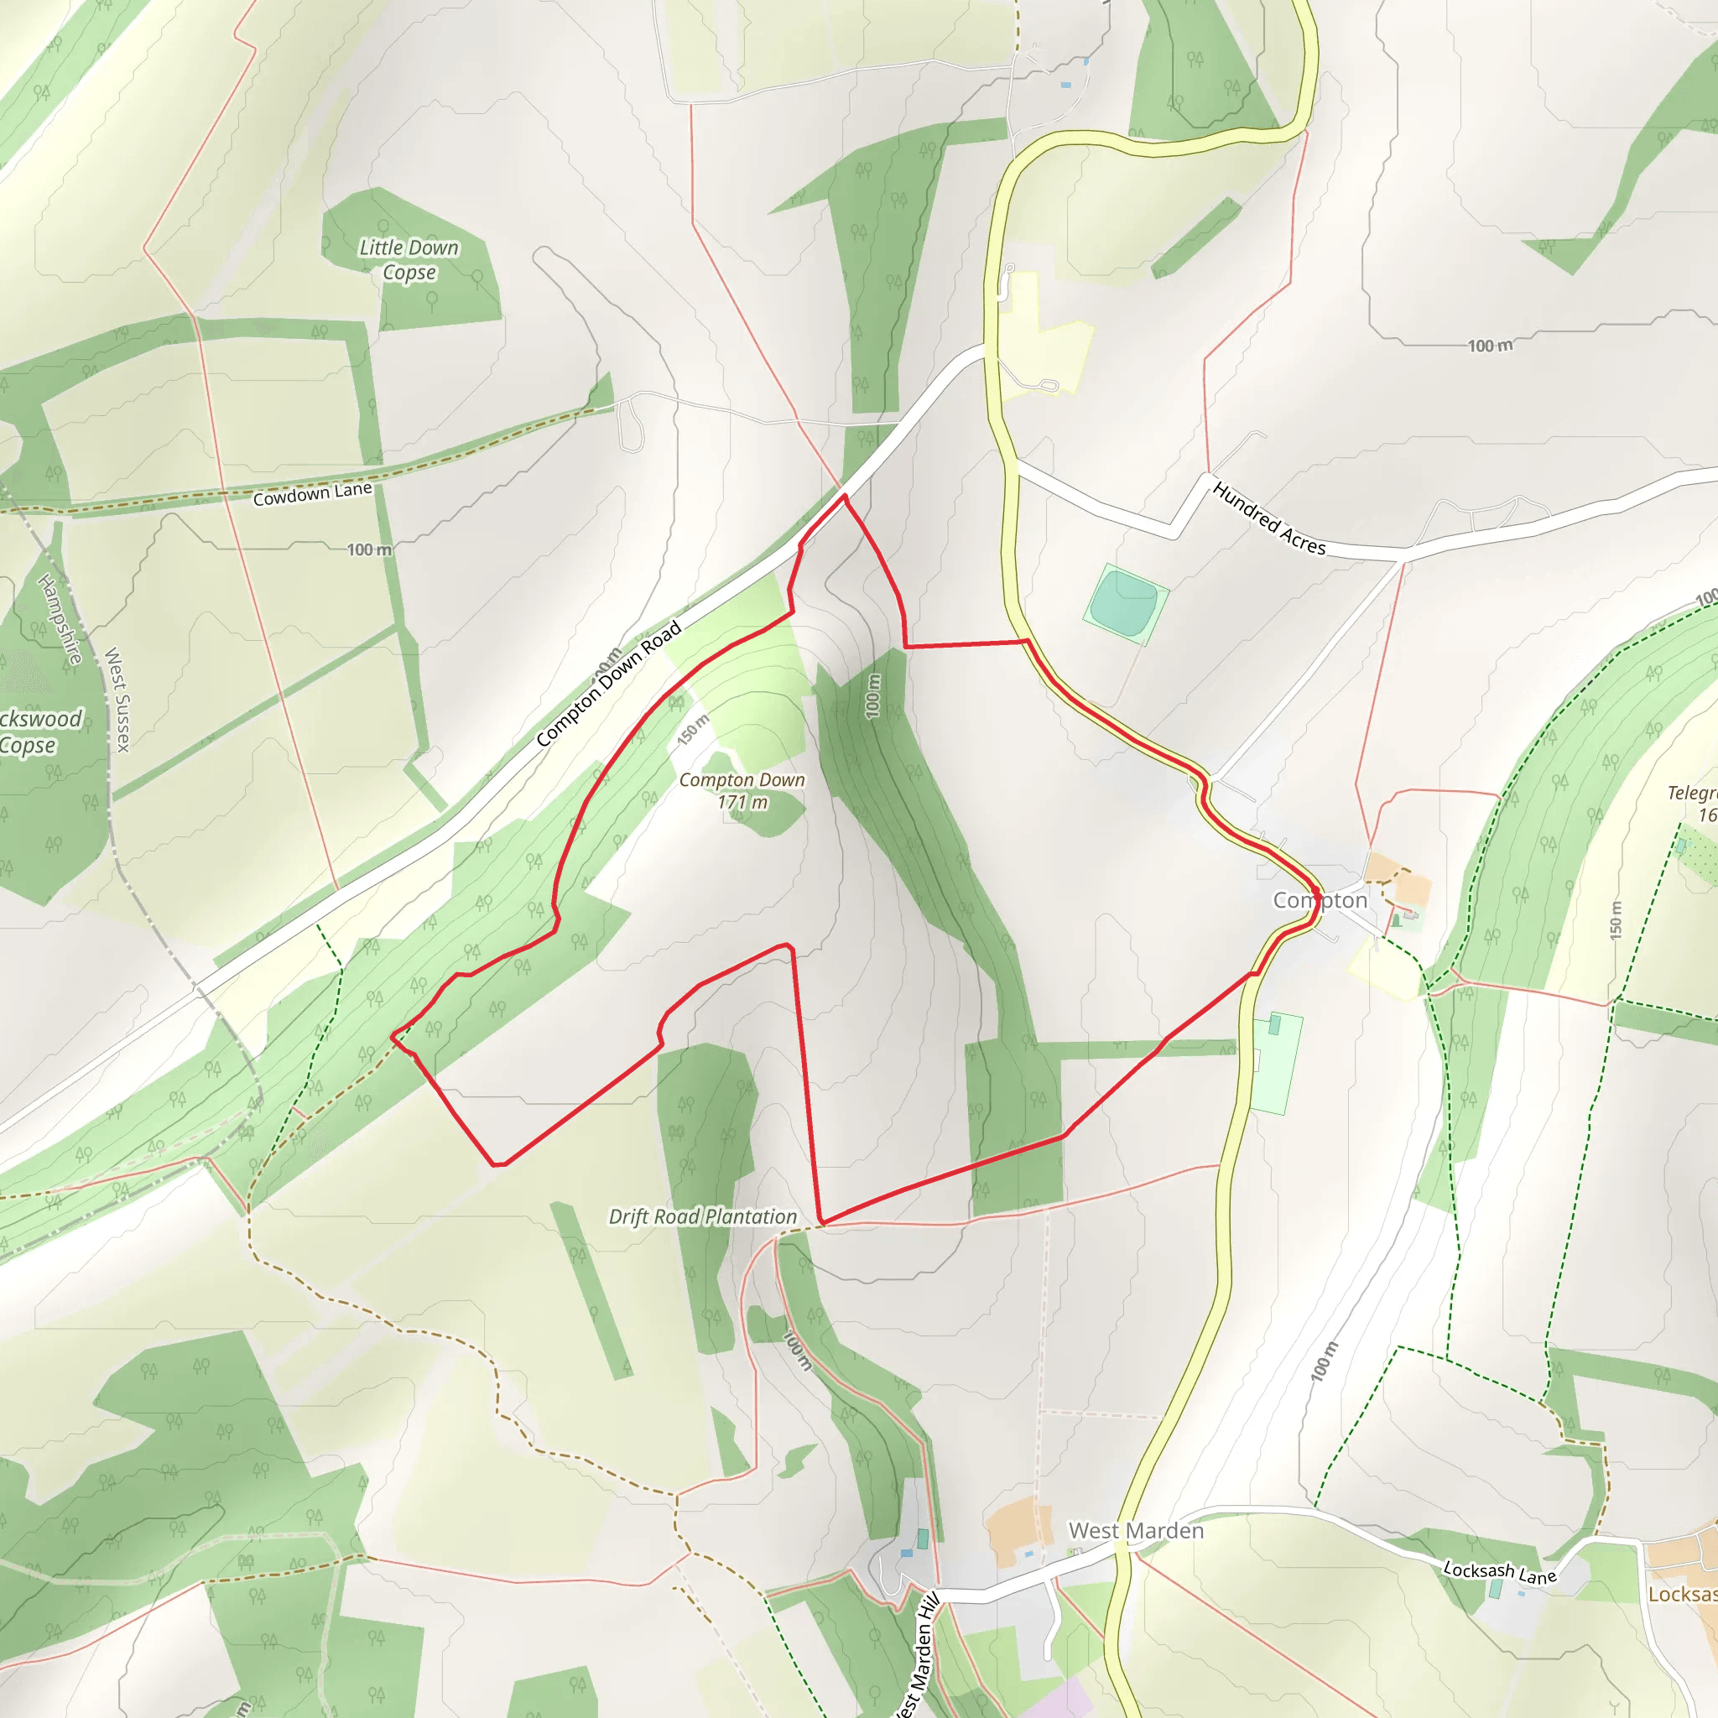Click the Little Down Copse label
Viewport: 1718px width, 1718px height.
pyautogui.click(x=409, y=260)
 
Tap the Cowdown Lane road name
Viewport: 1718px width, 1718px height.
pyautogui.click(x=312, y=493)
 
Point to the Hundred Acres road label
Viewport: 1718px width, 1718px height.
pyautogui.click(x=1269, y=518)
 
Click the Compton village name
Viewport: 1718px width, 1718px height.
pyautogui.click(x=1320, y=901)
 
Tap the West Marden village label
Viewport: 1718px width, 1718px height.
pyautogui.click(x=1136, y=1530)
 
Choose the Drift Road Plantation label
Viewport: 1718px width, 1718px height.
pyautogui.click(x=702, y=1216)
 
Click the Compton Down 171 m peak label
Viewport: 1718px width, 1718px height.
pyautogui.click(x=742, y=790)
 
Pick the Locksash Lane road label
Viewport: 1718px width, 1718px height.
pyautogui.click(x=1499, y=1572)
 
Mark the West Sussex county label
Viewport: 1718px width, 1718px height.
pyautogui.click(x=118, y=699)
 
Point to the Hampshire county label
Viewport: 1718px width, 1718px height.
pyautogui.click(x=60, y=619)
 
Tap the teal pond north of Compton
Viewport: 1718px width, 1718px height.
pyautogui.click(x=1125, y=602)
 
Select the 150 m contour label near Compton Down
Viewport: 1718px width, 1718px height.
pyautogui.click(x=693, y=730)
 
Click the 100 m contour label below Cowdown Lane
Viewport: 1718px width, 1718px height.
pyautogui.click(x=369, y=549)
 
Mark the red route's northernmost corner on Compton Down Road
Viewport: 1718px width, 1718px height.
pyautogui.click(x=844, y=497)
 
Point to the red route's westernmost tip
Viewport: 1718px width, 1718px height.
pyautogui.click(x=392, y=1035)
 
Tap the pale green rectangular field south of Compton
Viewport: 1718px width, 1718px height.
pyautogui.click(x=1277, y=1063)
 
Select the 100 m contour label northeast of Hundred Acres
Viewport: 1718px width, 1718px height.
pyautogui.click(x=1490, y=346)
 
